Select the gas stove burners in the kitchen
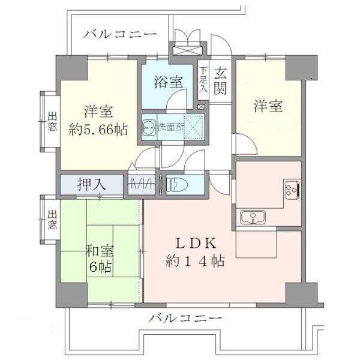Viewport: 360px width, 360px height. click(292, 189)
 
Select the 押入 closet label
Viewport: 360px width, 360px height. click(92, 184)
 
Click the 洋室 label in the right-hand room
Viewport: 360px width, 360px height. click(268, 106)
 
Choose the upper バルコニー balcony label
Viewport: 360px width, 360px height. click(120, 33)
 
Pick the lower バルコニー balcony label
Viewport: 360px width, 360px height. click(186, 317)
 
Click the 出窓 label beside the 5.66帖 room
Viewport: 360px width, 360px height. click(52, 124)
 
